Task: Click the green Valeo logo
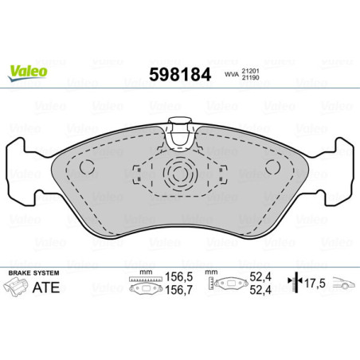click(29, 71)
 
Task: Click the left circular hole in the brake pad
click(88, 166)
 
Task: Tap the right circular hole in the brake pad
click(272, 166)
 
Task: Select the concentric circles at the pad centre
click(180, 170)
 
